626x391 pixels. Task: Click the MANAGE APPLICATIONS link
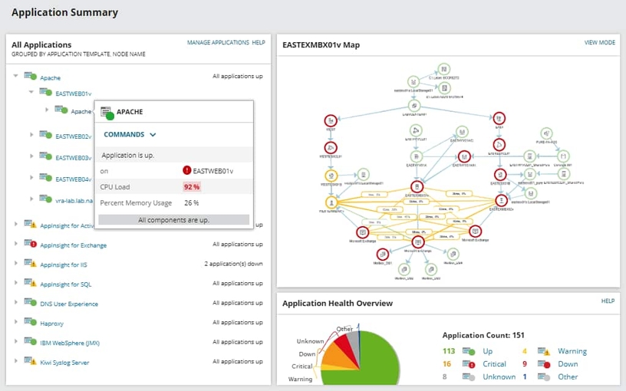click(x=218, y=43)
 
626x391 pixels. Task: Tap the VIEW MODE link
click(x=599, y=43)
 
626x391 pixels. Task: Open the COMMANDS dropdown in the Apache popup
click(x=130, y=135)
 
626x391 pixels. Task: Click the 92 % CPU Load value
click(x=192, y=187)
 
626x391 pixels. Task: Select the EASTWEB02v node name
click(x=74, y=136)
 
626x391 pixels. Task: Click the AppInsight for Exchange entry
click(x=74, y=245)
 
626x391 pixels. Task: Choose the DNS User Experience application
click(x=69, y=304)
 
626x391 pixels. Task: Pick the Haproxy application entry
click(x=53, y=323)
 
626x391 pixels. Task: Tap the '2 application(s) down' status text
click(x=233, y=264)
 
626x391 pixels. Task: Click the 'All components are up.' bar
click(x=174, y=220)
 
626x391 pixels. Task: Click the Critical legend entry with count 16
click(x=494, y=364)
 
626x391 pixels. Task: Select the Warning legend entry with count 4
click(x=572, y=352)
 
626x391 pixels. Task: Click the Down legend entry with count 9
click(x=568, y=364)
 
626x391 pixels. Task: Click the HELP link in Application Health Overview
click(x=608, y=301)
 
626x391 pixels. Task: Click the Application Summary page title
click(x=65, y=12)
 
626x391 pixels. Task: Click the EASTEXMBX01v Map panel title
click(x=321, y=45)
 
